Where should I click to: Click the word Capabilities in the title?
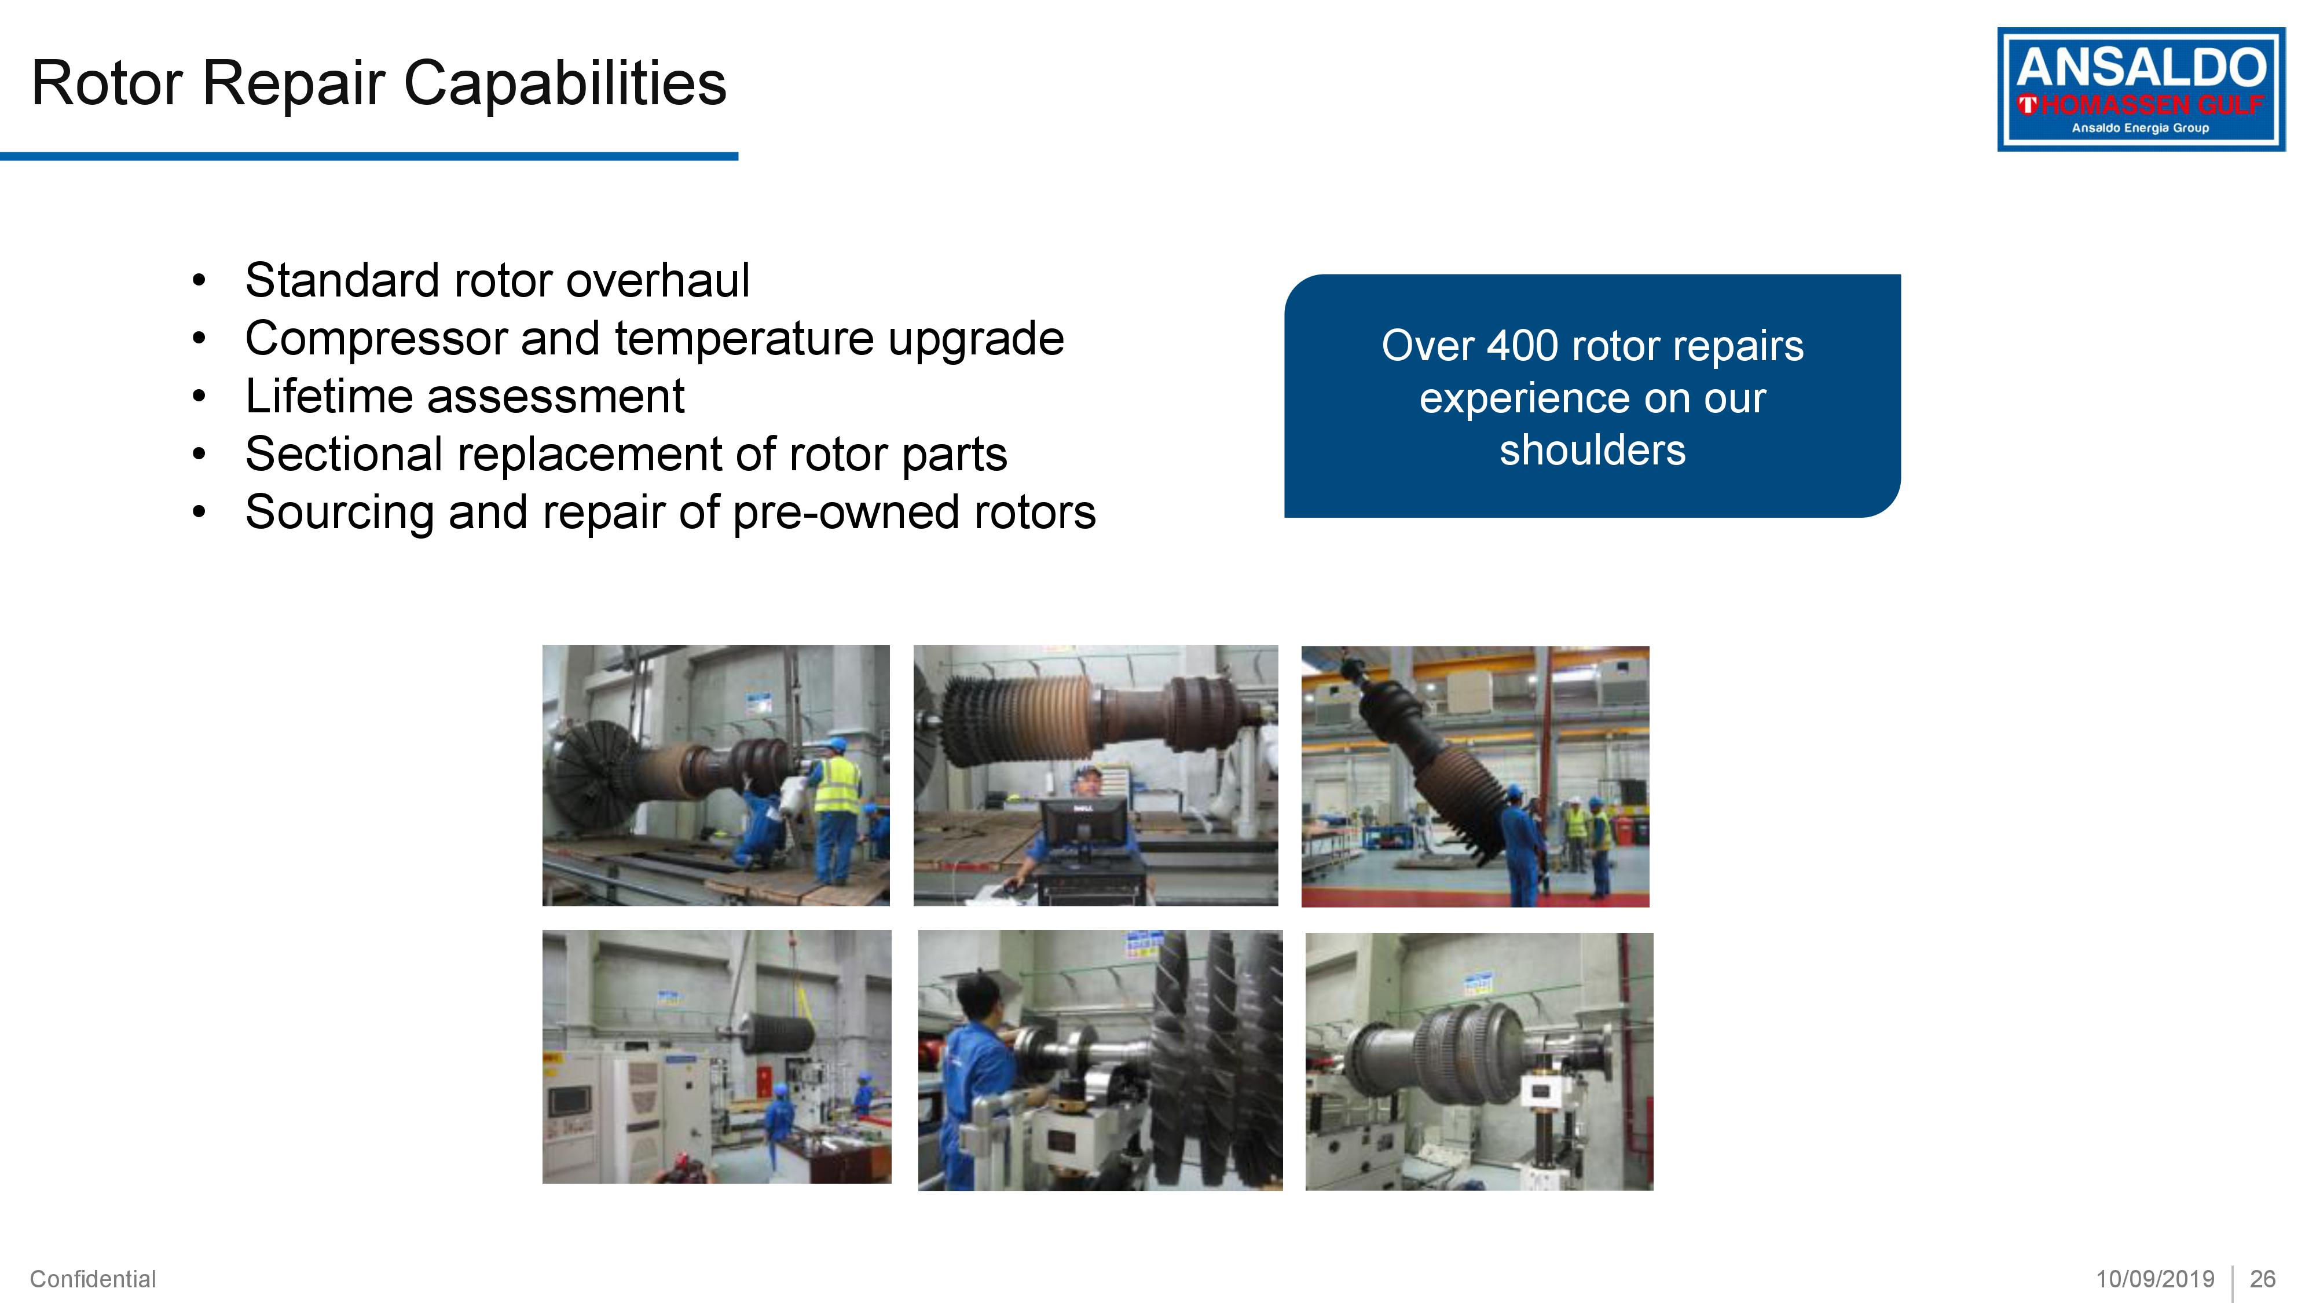[564, 83]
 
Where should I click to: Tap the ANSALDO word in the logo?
[2140, 68]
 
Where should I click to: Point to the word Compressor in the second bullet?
[375, 339]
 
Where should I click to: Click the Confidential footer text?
[93, 1279]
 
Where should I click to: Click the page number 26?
[2262, 1279]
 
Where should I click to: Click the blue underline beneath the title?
[369, 156]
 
